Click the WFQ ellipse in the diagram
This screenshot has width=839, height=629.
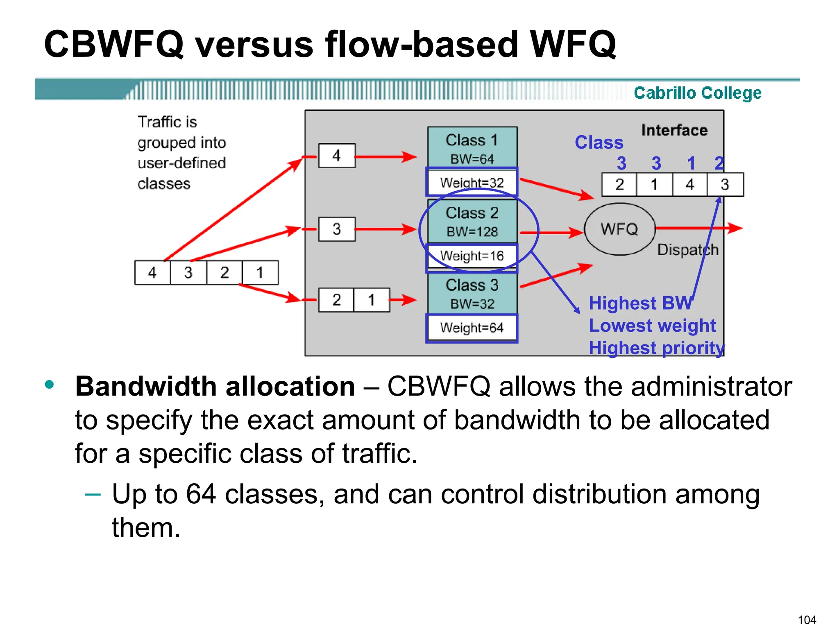(x=619, y=229)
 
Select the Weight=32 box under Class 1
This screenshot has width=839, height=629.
(x=472, y=182)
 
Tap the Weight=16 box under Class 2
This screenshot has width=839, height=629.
(x=472, y=256)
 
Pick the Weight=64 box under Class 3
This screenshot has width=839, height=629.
(x=472, y=328)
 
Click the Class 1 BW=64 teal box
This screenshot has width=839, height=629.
(x=472, y=148)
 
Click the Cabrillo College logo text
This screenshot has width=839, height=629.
(x=697, y=93)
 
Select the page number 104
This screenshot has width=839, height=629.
(x=807, y=620)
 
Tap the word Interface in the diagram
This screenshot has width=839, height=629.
(x=674, y=130)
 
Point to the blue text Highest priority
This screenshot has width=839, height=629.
(x=656, y=348)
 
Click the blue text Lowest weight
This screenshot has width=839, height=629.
(x=652, y=326)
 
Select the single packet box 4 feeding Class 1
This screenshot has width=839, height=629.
(x=337, y=156)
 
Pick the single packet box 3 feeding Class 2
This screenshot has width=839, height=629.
(x=337, y=229)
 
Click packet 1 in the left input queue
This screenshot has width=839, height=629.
(x=260, y=273)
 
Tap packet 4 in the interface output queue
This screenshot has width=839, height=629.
(x=689, y=185)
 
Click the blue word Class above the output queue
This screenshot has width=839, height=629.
(x=599, y=143)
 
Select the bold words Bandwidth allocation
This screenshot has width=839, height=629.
(x=215, y=387)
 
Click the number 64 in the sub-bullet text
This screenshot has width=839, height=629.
(x=201, y=494)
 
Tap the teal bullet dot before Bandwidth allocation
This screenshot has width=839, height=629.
(x=50, y=385)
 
